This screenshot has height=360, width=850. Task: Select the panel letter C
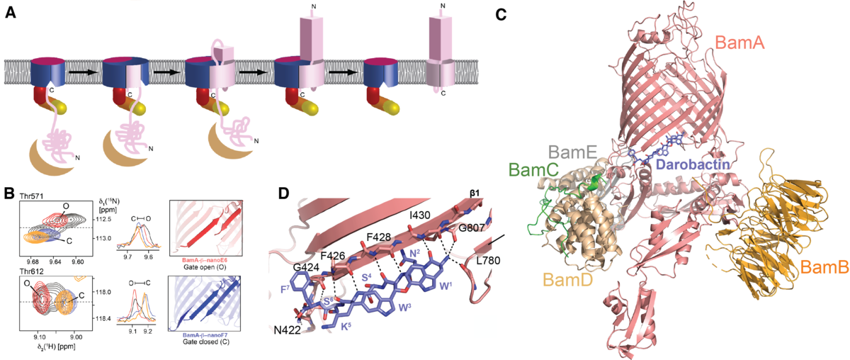point(501,13)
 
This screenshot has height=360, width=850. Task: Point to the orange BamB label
point(823,268)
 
